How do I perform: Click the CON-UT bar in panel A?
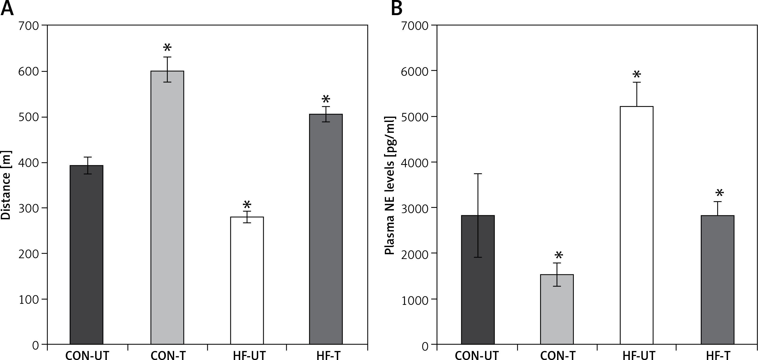click(x=86, y=254)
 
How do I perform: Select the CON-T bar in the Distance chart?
click(x=167, y=208)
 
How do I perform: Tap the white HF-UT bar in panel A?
click(x=247, y=280)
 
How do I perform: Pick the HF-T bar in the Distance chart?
click(x=326, y=229)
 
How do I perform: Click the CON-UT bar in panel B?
click(x=478, y=280)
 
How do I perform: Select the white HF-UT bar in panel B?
click(x=636, y=225)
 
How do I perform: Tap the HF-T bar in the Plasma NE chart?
click(x=717, y=280)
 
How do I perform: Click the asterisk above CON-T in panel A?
click(x=167, y=48)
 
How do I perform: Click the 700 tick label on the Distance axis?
click(x=28, y=26)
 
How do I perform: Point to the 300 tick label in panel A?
click(x=28, y=208)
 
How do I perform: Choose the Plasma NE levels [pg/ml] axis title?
click(x=390, y=186)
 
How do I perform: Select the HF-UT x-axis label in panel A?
click(x=249, y=355)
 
